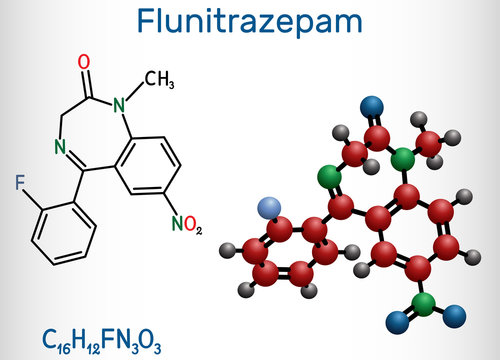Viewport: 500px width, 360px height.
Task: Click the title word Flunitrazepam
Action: pos(249,22)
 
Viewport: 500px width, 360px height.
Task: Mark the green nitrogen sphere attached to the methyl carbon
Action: pos(402,156)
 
